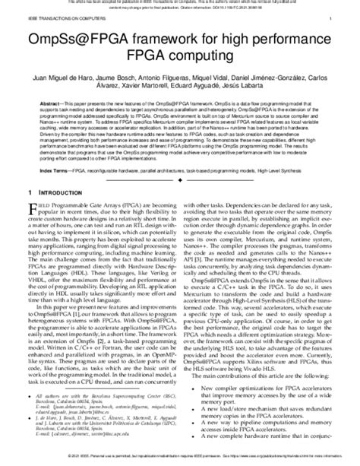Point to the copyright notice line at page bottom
pos(179,458)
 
